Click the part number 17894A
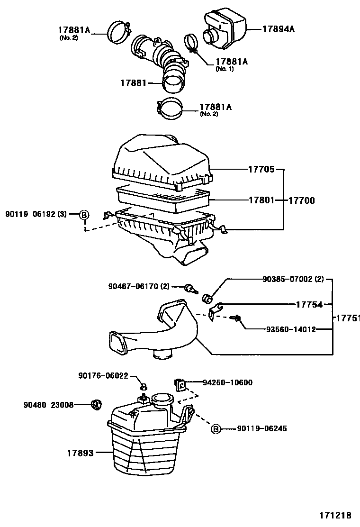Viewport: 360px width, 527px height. click(x=279, y=29)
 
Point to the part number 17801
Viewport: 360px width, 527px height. click(x=261, y=200)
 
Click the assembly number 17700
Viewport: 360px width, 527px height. click(x=302, y=200)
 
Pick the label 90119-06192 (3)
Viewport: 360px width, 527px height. click(x=36, y=215)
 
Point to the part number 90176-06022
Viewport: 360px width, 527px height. click(x=103, y=375)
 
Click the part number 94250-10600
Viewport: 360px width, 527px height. click(x=227, y=382)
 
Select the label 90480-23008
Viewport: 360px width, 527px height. click(x=48, y=405)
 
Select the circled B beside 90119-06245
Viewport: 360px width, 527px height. click(x=216, y=429)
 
